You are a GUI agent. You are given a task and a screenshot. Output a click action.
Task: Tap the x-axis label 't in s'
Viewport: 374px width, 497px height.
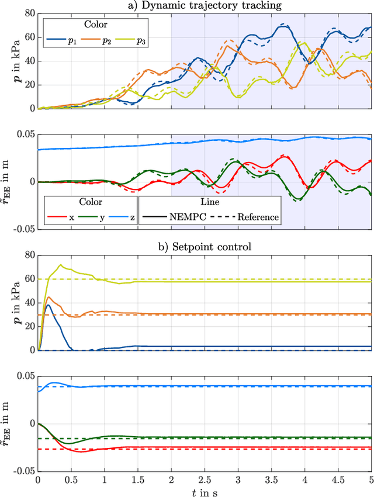click(204, 492)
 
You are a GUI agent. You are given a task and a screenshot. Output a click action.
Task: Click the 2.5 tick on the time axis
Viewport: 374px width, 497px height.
click(204, 478)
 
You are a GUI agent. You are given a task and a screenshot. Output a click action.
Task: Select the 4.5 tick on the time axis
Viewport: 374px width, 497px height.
click(337, 478)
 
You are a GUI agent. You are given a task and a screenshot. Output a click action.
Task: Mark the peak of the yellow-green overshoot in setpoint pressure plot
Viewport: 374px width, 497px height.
click(60, 264)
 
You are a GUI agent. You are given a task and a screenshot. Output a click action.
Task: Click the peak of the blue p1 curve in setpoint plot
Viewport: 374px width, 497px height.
click(48, 305)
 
